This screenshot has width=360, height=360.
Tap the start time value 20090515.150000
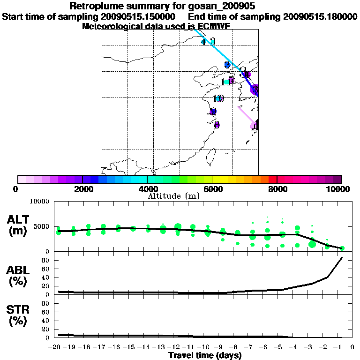(x=139, y=17)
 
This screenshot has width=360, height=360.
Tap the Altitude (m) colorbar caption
(x=173, y=195)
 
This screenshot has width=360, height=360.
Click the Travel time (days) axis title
(x=205, y=356)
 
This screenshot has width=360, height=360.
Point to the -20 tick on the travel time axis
(x=56, y=347)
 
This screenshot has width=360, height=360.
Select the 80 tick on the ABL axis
(x=46, y=260)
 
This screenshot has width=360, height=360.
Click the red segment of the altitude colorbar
(x=272, y=179)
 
